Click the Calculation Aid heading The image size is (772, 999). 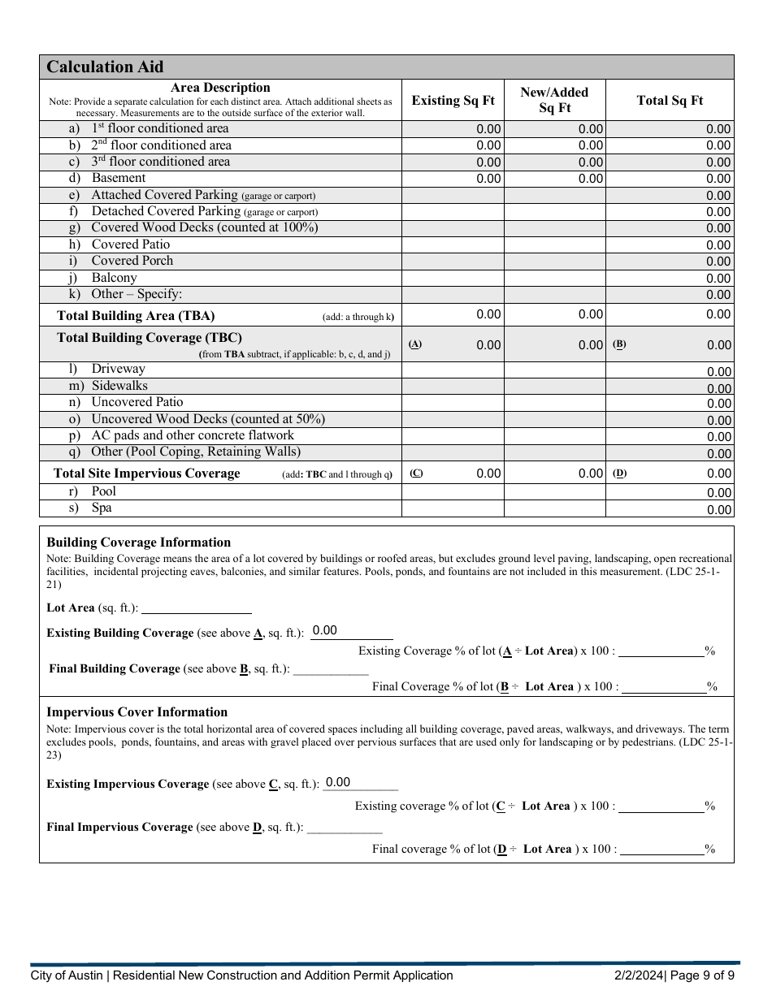(x=105, y=67)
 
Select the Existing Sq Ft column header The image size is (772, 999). (x=453, y=101)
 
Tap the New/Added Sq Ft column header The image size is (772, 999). (x=554, y=100)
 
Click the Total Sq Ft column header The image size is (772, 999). (x=670, y=101)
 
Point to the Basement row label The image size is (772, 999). (x=119, y=178)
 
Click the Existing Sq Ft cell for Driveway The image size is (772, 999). (x=453, y=370)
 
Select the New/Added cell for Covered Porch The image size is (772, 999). (x=554, y=261)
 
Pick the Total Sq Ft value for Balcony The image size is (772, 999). (x=718, y=278)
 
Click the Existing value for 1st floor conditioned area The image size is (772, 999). (x=488, y=129)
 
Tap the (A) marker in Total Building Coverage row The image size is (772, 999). (x=415, y=344)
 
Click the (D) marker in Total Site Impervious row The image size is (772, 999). (x=620, y=473)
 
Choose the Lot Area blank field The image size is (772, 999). (x=196, y=608)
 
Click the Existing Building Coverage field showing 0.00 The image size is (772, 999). (x=351, y=632)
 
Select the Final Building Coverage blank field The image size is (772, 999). (x=331, y=669)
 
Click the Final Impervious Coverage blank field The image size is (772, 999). (x=345, y=828)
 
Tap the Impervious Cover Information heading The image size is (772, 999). (x=137, y=712)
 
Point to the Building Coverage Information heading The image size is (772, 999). (x=138, y=543)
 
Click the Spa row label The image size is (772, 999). (x=102, y=508)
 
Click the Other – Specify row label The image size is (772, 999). (x=137, y=294)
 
